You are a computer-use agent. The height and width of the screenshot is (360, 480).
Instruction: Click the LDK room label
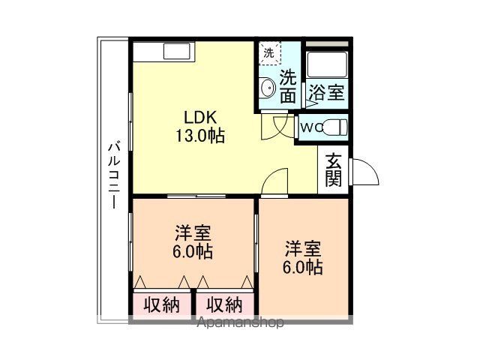[200, 118]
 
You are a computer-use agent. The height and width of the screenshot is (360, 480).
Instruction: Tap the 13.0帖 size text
[200, 136]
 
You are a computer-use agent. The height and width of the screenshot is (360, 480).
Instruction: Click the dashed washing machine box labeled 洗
[269, 53]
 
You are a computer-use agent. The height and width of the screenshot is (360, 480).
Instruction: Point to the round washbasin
[268, 88]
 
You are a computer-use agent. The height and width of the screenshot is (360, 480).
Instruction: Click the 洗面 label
[288, 87]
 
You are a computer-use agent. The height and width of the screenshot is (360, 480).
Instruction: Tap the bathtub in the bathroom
[327, 64]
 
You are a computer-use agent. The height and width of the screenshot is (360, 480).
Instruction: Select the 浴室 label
[327, 91]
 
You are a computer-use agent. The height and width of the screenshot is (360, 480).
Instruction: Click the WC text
[310, 127]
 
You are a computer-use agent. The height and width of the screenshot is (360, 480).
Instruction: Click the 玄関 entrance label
[333, 170]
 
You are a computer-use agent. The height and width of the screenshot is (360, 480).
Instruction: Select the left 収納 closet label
[162, 305]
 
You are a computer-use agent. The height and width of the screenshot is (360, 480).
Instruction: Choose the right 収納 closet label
[224, 305]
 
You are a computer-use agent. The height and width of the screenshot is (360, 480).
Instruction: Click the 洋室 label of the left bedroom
[193, 233]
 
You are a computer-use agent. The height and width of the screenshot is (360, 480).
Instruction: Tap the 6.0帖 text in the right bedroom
[302, 267]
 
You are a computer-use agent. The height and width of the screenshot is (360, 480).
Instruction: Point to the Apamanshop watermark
[240, 322]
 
